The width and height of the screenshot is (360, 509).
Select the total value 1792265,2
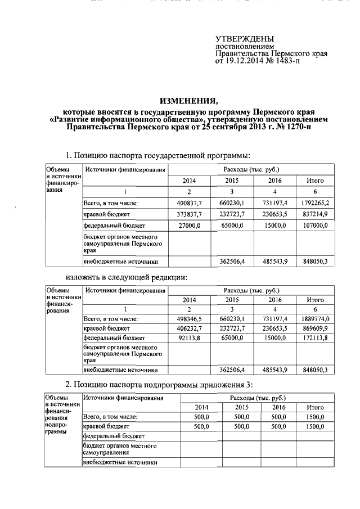(314, 203)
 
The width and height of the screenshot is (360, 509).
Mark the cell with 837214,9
(314, 214)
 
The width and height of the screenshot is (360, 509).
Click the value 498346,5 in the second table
(190, 319)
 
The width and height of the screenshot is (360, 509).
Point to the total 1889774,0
(314, 319)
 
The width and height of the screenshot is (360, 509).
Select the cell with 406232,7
(190, 328)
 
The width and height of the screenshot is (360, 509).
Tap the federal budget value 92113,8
(190, 338)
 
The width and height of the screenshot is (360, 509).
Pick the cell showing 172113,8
(314, 338)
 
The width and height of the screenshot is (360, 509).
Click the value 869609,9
(314, 328)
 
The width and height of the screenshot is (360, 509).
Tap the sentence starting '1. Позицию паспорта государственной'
(157, 155)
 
